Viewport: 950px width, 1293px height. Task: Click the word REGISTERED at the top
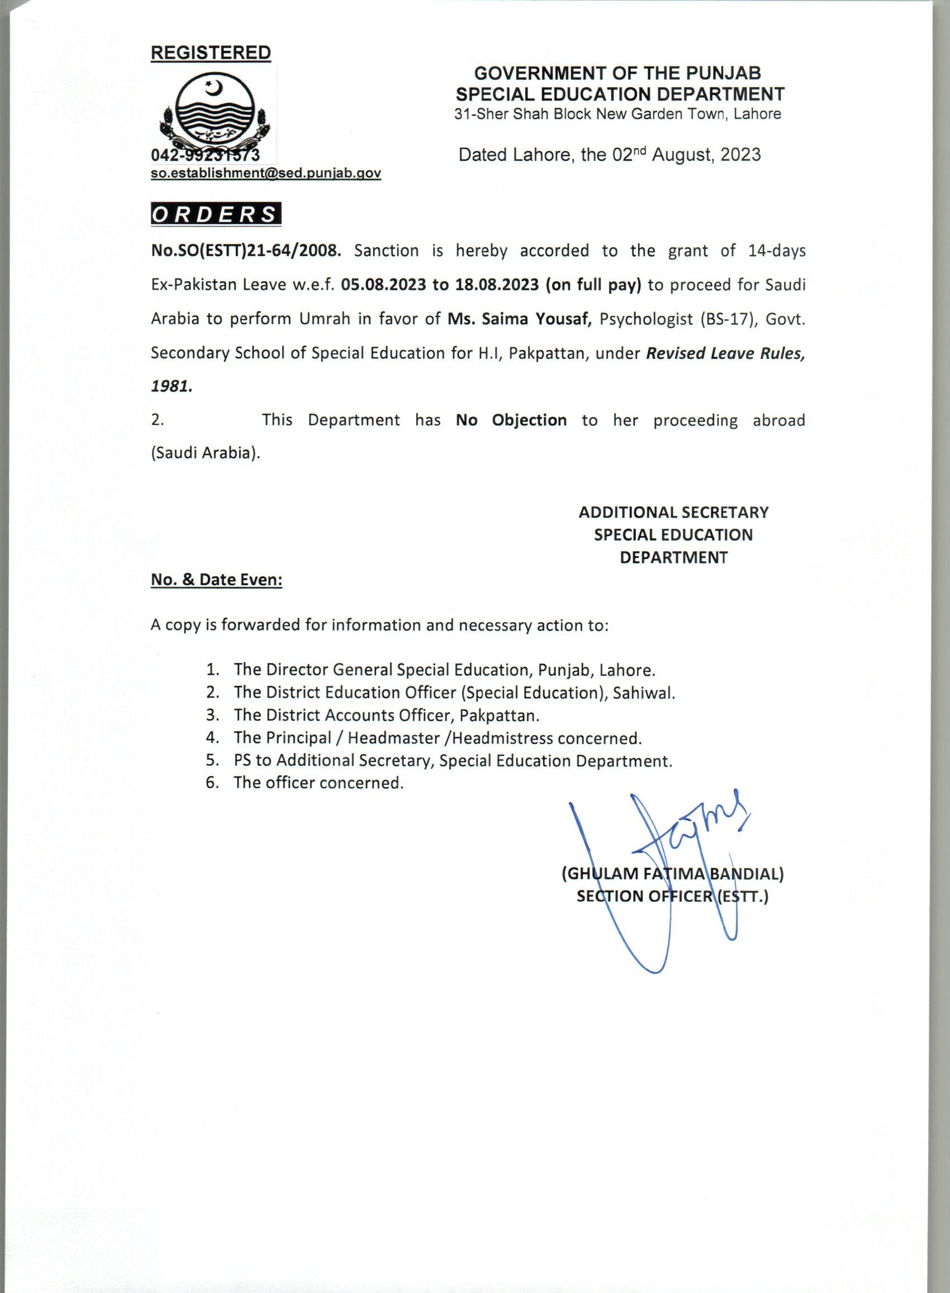coord(211,53)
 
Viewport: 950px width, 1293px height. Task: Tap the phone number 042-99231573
coord(205,155)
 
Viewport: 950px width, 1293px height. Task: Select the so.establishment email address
coord(265,173)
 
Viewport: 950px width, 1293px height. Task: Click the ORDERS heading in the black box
coord(216,214)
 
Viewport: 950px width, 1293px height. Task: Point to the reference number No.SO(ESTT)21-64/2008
coord(246,252)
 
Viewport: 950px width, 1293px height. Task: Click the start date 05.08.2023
coord(382,285)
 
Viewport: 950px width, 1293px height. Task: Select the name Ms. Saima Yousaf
coord(520,319)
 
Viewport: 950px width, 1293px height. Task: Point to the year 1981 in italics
coord(172,386)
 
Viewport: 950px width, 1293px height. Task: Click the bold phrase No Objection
coord(511,420)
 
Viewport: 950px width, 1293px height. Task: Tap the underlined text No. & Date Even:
coord(216,580)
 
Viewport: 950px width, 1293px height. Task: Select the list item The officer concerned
coord(318,783)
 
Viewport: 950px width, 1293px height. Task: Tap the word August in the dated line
coord(680,155)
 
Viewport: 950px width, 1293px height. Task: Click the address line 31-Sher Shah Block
coord(617,114)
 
